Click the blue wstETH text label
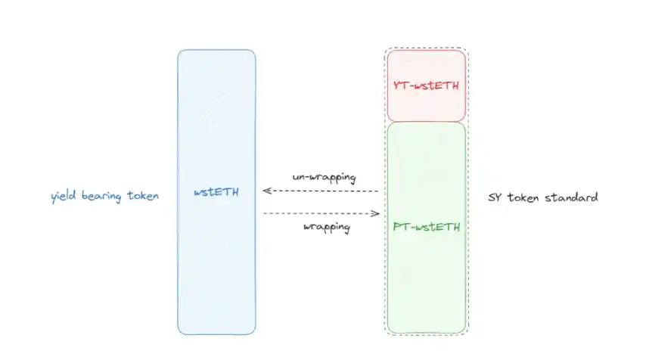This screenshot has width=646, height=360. (x=216, y=192)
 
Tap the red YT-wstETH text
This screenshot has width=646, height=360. (x=426, y=85)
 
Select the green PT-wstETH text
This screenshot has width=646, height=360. (x=426, y=225)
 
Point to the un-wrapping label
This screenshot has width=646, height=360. (x=325, y=177)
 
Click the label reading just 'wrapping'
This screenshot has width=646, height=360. (x=326, y=227)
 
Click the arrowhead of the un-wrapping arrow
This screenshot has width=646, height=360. (x=266, y=191)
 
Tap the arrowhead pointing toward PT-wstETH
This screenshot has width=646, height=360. (x=375, y=213)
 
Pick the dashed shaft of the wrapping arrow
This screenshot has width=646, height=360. (x=318, y=213)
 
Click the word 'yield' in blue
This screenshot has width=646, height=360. (x=64, y=197)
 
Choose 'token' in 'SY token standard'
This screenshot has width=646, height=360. (x=526, y=197)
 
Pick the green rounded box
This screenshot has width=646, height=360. (x=426, y=287)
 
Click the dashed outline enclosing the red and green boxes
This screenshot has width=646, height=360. (x=468, y=151)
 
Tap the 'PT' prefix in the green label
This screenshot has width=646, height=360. (x=400, y=225)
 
